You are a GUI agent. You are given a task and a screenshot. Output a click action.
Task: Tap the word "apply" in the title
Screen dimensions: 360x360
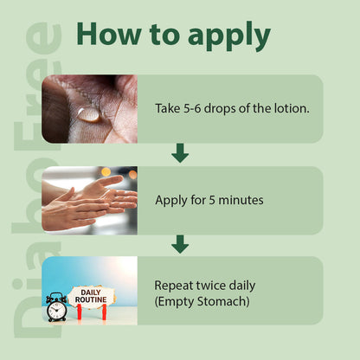coord(229,36)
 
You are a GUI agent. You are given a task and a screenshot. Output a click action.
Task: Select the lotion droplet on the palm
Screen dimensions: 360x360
coord(89,114)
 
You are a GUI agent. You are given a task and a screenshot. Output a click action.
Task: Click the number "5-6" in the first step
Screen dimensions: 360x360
coord(192,108)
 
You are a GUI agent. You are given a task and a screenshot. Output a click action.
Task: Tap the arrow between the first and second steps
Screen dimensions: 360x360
coord(180,153)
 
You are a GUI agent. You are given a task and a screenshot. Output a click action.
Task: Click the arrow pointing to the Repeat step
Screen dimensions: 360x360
coord(180,244)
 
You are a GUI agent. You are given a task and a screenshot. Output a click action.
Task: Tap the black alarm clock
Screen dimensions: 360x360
coord(56,307)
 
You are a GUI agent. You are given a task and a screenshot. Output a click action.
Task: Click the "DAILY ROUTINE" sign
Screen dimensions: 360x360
coord(91,297)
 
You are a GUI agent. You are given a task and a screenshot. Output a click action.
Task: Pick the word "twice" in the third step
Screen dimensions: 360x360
coord(211,286)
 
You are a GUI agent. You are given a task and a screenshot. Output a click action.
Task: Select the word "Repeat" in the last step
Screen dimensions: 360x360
coord(174,286)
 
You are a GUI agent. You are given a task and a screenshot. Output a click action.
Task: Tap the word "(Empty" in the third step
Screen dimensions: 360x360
coord(175,302)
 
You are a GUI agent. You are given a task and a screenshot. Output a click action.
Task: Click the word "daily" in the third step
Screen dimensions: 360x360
coord(242,286)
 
